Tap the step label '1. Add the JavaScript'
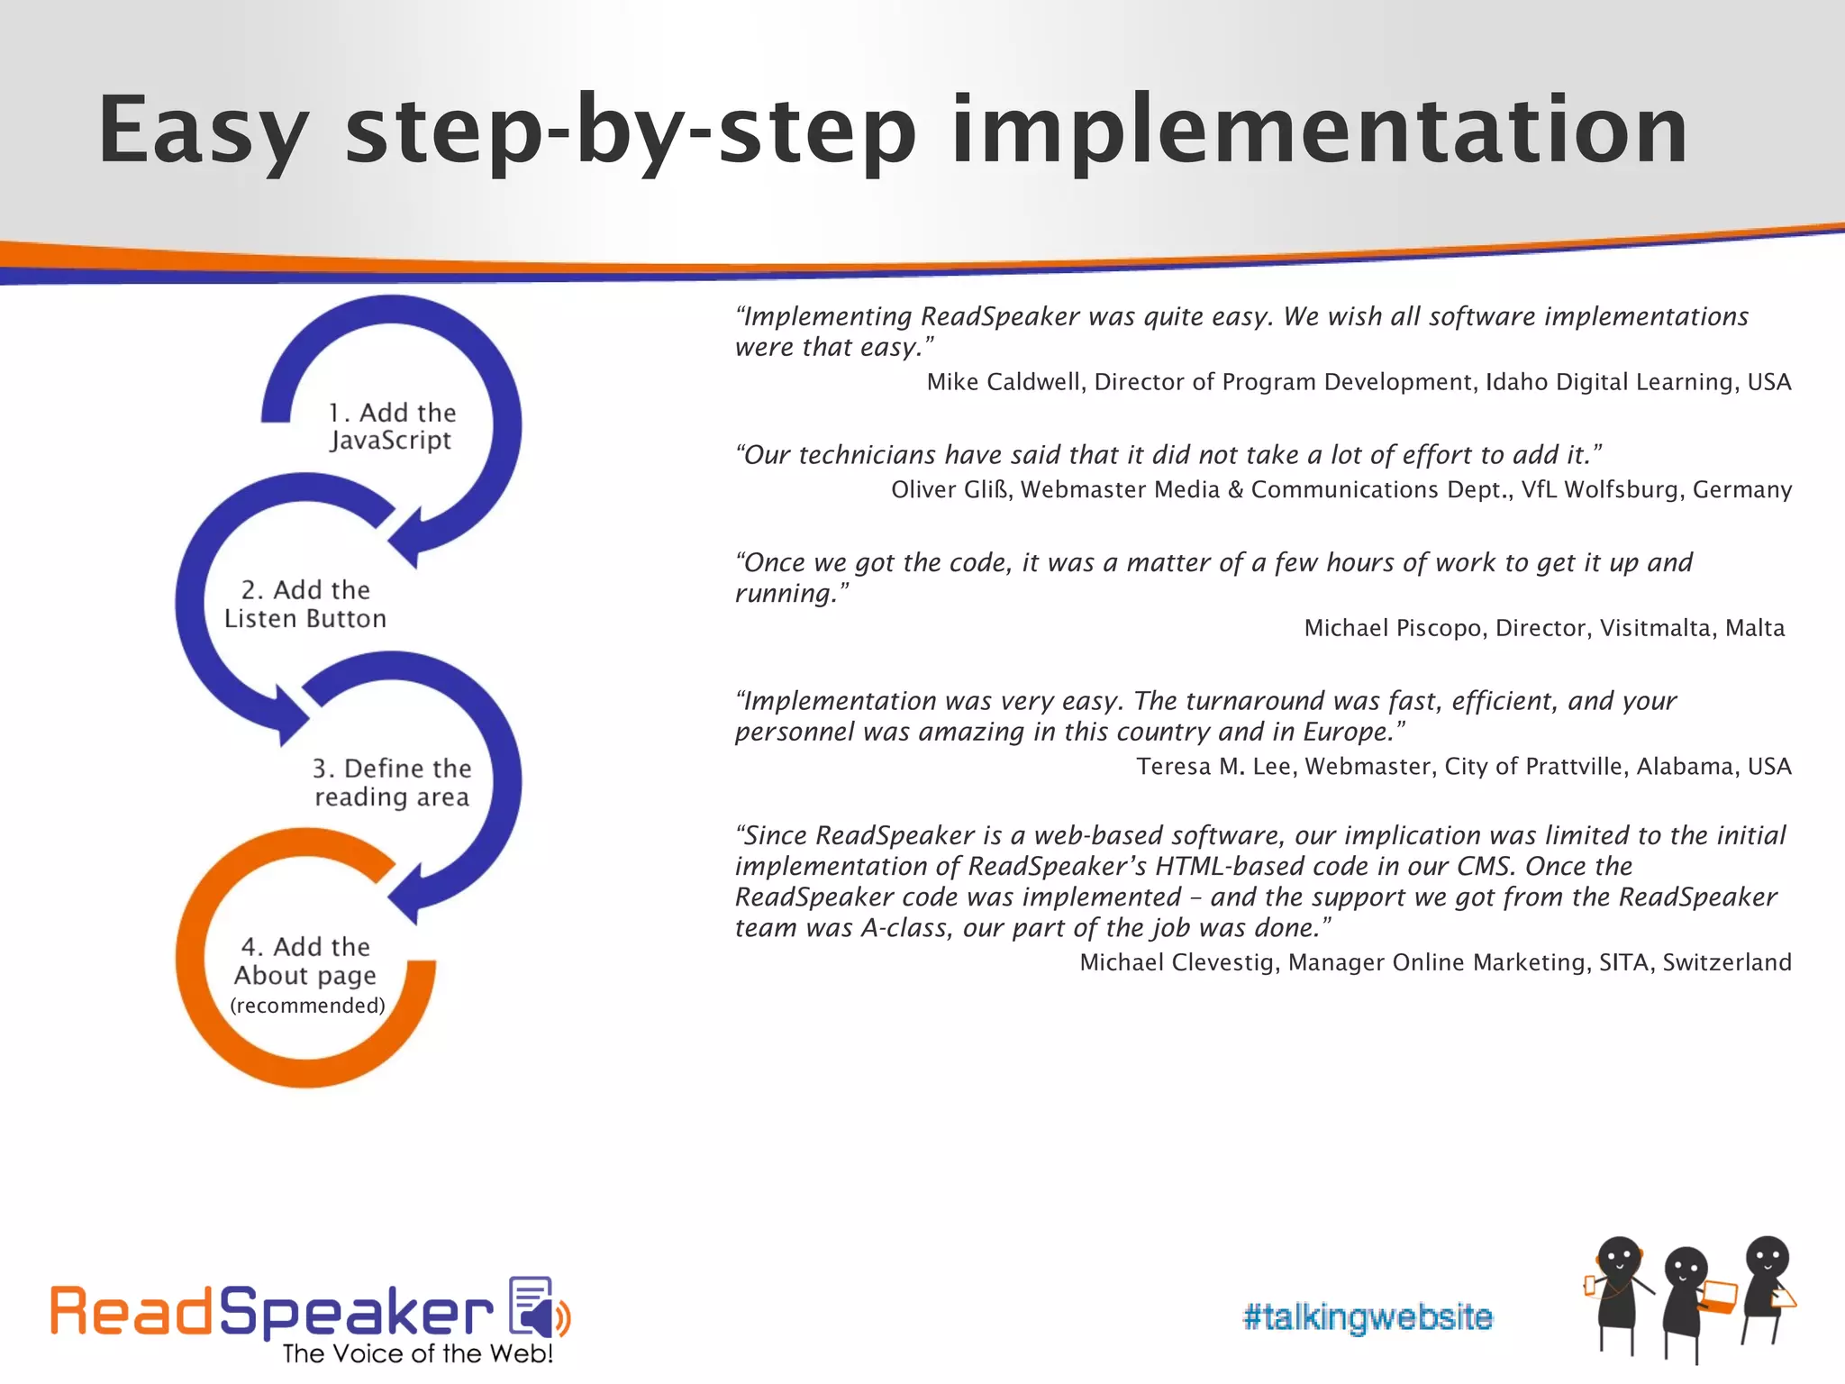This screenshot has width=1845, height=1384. point(391,426)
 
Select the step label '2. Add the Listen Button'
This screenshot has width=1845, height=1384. point(305,604)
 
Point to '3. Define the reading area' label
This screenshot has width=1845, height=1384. point(392,782)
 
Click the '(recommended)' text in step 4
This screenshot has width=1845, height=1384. point(307,1006)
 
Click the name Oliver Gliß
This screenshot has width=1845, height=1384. point(950,489)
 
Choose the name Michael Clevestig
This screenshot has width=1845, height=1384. point(1178,962)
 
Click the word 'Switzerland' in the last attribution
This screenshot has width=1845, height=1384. point(1726,962)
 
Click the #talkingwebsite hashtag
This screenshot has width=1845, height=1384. point(1367,1317)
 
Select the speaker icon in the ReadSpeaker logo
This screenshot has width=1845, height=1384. point(538,1307)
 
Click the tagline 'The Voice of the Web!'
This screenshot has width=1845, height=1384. point(417,1354)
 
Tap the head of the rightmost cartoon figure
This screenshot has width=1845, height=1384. point(1767,1258)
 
